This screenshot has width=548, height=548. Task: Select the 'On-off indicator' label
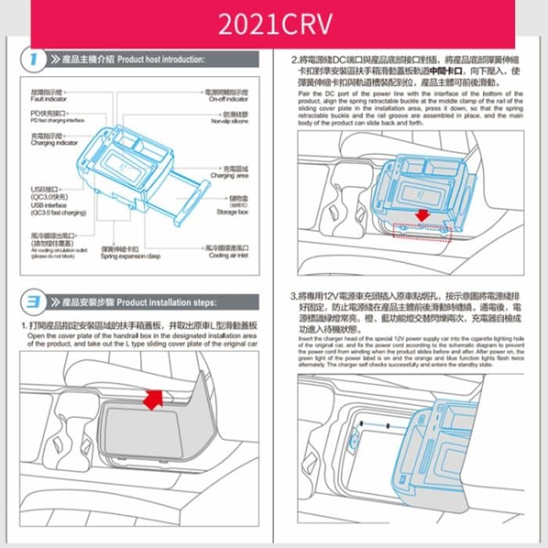pos(229,99)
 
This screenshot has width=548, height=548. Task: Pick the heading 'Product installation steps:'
pos(165,301)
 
